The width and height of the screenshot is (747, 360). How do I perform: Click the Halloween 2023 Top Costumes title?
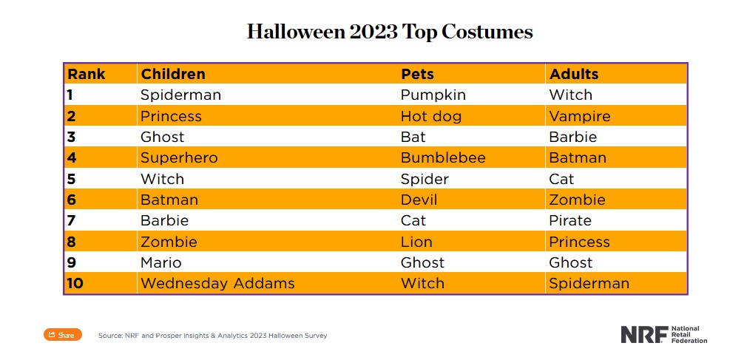coord(390,33)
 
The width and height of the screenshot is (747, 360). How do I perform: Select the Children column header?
coord(173,74)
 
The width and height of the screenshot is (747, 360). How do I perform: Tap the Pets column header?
coord(417,74)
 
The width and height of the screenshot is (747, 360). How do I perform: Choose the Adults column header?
coord(574,74)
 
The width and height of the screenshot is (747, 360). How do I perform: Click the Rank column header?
coord(87,74)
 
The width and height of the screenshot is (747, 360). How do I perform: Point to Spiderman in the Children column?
coord(180,95)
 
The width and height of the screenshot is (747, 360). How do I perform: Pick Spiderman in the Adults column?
coord(589,283)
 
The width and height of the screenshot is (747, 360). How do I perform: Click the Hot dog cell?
coord(430,116)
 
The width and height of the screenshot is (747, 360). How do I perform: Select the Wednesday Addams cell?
coord(217,283)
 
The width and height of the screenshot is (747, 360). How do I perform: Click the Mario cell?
coord(160,262)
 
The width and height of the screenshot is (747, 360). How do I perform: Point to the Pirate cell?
coord(570,220)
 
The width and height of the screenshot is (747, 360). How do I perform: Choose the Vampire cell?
coord(580,116)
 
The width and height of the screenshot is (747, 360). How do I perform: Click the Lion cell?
coord(416,242)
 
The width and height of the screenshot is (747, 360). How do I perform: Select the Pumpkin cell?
coord(433,95)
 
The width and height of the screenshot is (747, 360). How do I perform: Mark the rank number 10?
coord(75,283)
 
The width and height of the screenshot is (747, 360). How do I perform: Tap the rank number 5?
coord(70,179)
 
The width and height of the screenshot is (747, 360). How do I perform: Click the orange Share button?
coord(62,335)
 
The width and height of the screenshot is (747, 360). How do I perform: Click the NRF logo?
coord(663,334)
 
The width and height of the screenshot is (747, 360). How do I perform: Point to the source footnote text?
coord(212,336)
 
